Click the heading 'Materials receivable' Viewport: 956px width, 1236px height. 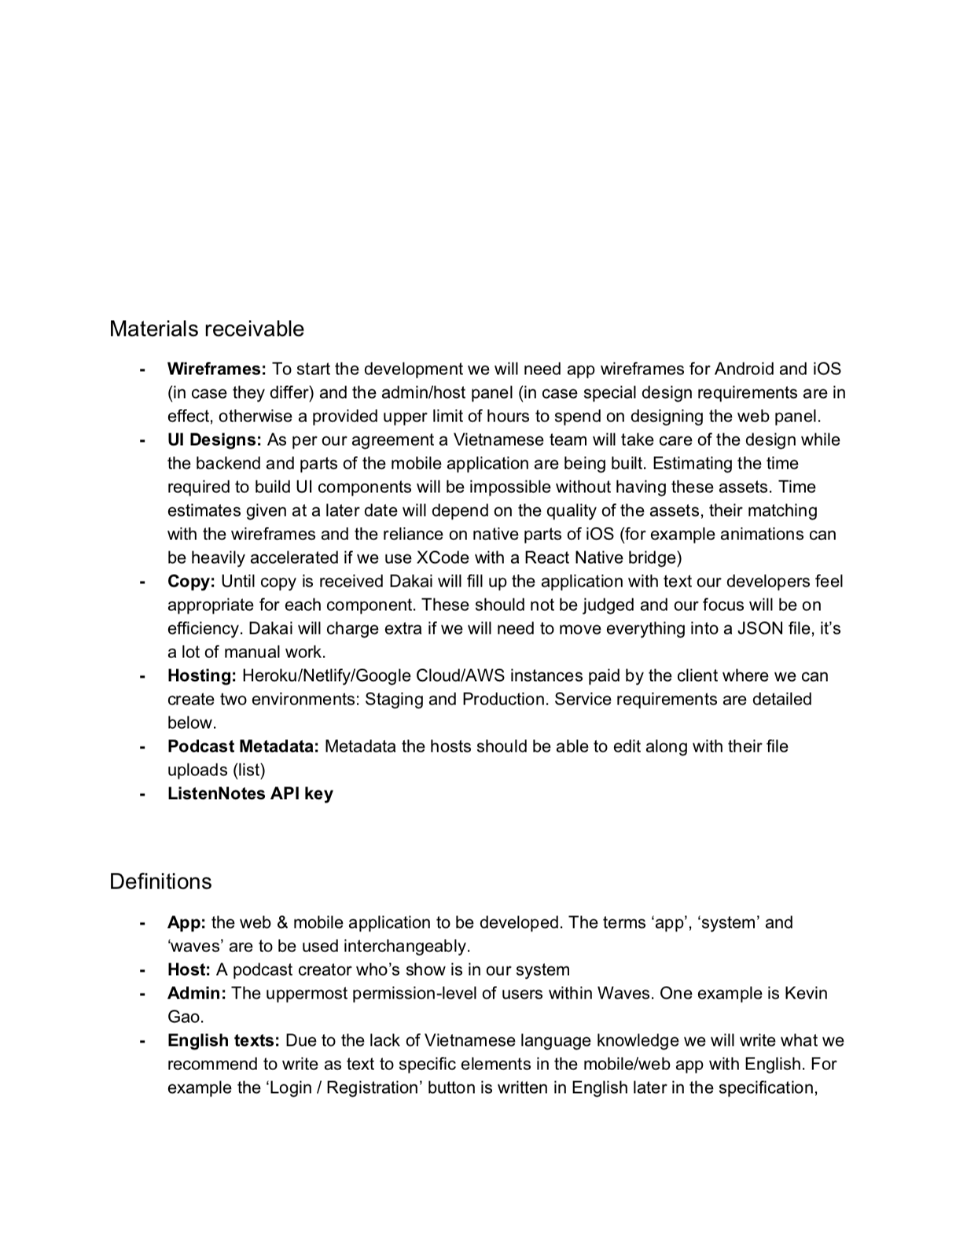pyautogui.click(x=206, y=329)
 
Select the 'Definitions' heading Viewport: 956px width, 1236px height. pyautogui.click(x=160, y=881)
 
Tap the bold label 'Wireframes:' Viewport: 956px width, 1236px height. pyautogui.click(x=217, y=369)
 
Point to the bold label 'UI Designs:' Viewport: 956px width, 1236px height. pyautogui.click(x=215, y=440)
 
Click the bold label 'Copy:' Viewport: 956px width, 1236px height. pyautogui.click(x=191, y=581)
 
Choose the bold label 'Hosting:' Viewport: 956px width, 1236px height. pyautogui.click(x=202, y=675)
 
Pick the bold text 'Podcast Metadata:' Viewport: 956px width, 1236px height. pyautogui.click(x=243, y=746)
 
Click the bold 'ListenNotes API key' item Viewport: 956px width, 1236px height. pyautogui.click(x=250, y=793)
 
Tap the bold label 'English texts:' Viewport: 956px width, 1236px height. pyautogui.click(x=223, y=1040)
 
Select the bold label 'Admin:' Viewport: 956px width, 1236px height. pyautogui.click(x=197, y=993)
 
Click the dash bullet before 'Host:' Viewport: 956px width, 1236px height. pyautogui.click(x=142, y=969)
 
